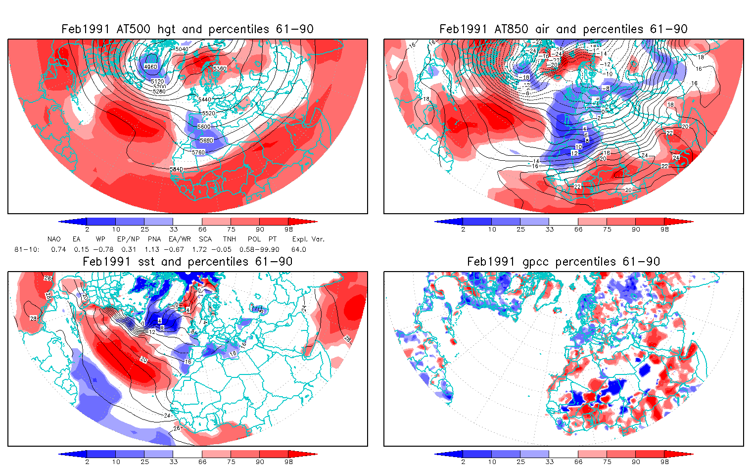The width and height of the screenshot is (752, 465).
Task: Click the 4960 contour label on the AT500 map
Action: (150, 67)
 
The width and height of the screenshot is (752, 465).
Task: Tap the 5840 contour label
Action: (177, 169)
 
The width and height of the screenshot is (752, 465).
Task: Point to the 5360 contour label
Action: (220, 68)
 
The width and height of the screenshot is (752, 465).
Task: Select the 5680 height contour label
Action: (206, 140)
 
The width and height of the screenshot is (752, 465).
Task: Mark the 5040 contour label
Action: (182, 49)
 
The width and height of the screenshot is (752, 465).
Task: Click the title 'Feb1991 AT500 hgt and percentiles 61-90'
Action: (188, 29)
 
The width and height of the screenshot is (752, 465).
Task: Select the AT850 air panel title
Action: (564, 29)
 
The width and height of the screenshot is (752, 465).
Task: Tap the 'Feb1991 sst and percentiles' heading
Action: (188, 262)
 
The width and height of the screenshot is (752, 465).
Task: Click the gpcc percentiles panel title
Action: (564, 262)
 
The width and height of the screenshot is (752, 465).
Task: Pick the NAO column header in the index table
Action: (54, 239)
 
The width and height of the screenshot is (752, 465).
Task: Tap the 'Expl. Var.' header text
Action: (308, 239)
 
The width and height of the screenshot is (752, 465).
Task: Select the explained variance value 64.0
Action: (298, 250)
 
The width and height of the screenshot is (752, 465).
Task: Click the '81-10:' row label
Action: (27, 250)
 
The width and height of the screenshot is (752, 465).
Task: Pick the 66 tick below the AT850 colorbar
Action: (578, 230)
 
